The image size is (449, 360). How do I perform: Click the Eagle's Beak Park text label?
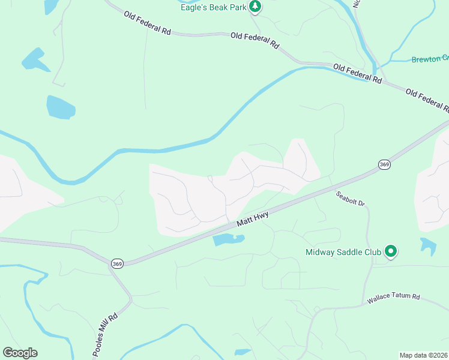213,7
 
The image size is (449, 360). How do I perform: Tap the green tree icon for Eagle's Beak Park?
256,7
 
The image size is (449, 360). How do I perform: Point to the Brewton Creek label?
430,59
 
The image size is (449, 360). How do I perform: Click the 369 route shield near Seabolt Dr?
385,164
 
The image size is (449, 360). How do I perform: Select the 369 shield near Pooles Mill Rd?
116,263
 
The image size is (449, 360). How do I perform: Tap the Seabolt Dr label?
351,199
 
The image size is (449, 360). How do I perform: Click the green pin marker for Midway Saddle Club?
391,251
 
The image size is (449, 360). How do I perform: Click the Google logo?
20,353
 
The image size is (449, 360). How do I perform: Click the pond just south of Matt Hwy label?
228,240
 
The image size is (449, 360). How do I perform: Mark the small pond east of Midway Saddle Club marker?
429,246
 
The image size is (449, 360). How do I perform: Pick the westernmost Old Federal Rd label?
148,23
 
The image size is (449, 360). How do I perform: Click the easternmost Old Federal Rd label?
427,100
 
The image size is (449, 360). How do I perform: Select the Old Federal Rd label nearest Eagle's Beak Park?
255,41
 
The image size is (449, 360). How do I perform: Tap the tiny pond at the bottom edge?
242,352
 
